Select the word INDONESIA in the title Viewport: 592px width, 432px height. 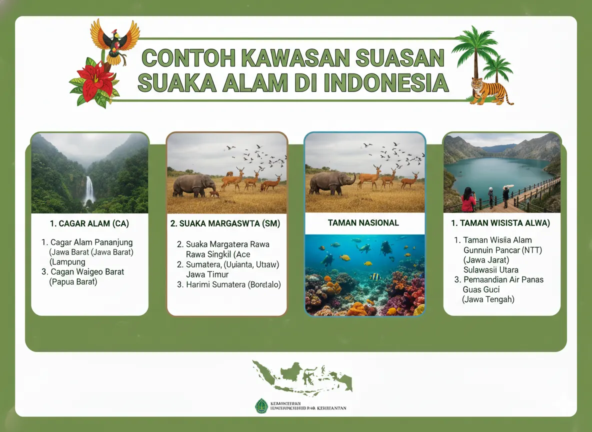click(385, 82)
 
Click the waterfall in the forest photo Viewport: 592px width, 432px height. click(89, 190)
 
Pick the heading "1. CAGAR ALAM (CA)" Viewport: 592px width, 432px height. click(89, 223)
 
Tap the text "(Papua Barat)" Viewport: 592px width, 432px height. click(73, 282)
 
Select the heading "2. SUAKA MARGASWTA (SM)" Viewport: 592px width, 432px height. click(225, 223)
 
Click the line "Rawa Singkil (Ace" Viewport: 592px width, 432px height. click(218, 254)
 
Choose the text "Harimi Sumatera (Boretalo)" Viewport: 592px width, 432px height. click(228, 284)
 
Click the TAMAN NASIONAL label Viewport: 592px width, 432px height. click(363, 223)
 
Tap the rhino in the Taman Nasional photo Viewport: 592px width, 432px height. click(331, 183)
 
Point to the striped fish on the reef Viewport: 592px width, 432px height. click(374, 276)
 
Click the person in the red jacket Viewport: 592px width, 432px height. click(468, 200)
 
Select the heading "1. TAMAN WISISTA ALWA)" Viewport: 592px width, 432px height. click(500, 223)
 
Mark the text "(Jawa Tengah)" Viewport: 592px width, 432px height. click(488, 299)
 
